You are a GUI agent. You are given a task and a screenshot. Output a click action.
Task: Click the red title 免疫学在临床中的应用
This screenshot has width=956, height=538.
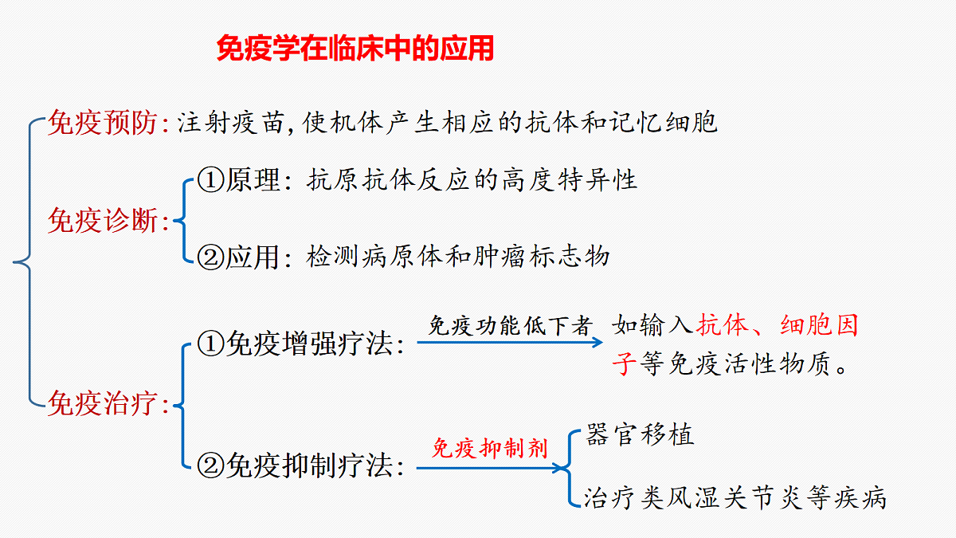(x=355, y=49)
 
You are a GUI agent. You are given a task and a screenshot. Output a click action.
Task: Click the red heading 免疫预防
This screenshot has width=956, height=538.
(x=103, y=123)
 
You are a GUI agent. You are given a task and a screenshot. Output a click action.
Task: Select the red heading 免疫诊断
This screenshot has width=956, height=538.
(x=103, y=221)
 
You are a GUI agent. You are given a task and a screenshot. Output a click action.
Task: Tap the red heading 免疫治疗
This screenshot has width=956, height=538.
(x=103, y=403)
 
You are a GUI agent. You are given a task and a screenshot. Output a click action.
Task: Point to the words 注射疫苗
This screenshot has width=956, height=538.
(x=231, y=123)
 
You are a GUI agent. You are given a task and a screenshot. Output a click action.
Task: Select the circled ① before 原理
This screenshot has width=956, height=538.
(x=210, y=180)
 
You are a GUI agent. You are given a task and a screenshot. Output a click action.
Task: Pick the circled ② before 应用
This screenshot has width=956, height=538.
(x=210, y=257)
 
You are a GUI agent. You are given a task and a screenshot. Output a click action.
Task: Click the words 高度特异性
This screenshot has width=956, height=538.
(x=570, y=180)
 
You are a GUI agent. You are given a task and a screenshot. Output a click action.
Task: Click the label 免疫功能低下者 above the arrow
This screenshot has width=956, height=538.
(x=511, y=326)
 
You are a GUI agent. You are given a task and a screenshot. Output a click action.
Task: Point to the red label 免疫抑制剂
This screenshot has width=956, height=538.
(x=489, y=448)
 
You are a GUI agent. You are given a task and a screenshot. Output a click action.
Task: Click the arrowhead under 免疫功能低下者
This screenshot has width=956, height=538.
(x=597, y=342)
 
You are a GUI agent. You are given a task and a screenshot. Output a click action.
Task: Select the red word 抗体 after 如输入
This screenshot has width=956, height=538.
(x=722, y=325)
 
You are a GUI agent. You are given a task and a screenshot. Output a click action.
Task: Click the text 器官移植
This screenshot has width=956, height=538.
(x=640, y=434)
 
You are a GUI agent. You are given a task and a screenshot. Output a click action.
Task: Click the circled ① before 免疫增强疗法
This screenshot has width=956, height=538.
(x=210, y=344)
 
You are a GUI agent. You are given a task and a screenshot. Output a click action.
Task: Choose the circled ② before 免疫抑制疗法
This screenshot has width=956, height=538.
(x=210, y=465)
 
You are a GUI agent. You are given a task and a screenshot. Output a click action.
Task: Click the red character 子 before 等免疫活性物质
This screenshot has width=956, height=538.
(x=625, y=363)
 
